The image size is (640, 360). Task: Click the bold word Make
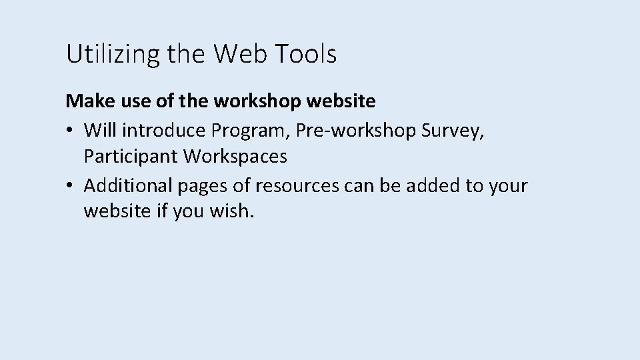tap(85, 101)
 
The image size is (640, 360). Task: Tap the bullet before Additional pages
tap(69, 185)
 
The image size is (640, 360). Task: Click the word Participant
tap(131, 157)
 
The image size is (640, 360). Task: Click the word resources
tap(297, 185)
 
